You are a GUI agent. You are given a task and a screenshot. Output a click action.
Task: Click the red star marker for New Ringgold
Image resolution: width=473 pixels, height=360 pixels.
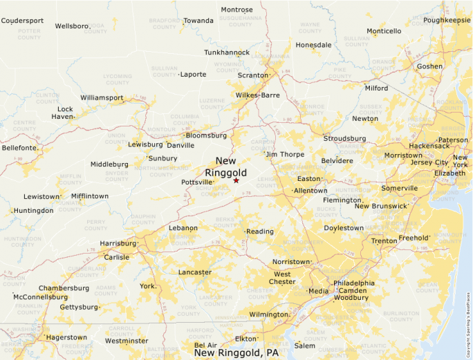pyautogui.click(x=236, y=180)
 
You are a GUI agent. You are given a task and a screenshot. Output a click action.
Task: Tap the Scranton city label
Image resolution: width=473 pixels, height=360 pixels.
pyautogui.click(x=252, y=75)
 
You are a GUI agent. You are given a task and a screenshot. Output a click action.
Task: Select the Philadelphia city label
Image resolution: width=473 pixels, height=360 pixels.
pyautogui.click(x=353, y=283)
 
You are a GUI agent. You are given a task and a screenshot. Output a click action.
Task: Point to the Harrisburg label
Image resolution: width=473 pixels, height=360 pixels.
pyautogui.click(x=118, y=243)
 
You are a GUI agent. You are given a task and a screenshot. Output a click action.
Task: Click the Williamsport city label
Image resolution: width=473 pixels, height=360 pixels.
pyautogui.click(x=102, y=98)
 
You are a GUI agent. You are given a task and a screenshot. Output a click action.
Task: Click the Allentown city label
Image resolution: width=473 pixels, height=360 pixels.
pyautogui.click(x=310, y=190)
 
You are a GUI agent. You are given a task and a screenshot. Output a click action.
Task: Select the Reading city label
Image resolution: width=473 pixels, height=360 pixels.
pyautogui.click(x=260, y=231)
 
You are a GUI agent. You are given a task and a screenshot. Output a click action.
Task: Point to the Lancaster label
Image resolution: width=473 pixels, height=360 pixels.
pyautogui.click(x=195, y=272)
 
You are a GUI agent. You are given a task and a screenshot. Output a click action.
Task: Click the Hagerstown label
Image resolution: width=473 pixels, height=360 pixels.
pyautogui.click(x=66, y=337)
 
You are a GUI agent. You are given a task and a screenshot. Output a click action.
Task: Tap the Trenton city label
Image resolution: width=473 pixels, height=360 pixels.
pyautogui.click(x=384, y=241)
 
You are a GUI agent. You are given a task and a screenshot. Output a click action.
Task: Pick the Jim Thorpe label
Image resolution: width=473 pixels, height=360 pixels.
pyautogui.click(x=285, y=154)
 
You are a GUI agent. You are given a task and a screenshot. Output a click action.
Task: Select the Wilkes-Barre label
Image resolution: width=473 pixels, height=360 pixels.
pyautogui.click(x=257, y=95)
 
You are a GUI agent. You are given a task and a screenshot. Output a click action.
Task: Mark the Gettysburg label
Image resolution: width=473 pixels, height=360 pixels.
pyautogui.click(x=79, y=307)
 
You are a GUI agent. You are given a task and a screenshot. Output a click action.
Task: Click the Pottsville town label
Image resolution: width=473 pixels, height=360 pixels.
pyautogui.click(x=196, y=182)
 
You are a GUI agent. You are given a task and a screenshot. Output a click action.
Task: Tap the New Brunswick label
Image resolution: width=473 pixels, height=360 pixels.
pyautogui.click(x=381, y=206)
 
